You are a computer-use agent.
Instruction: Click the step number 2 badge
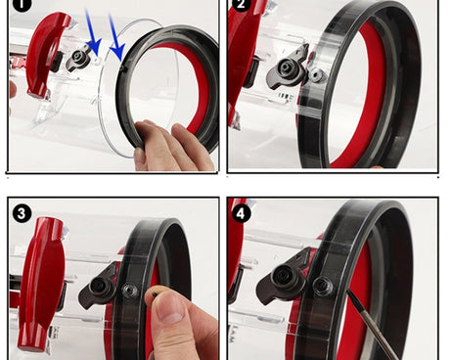(241, 5)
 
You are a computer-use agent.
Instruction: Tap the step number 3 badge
(22, 214)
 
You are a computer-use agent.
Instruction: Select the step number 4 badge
(241, 214)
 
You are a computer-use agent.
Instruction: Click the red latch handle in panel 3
(40, 284)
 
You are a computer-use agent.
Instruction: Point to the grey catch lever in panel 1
(77, 60)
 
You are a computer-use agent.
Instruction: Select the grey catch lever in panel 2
(286, 67)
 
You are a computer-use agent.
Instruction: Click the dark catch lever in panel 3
(98, 287)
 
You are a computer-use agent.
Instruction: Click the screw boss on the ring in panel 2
(316, 75)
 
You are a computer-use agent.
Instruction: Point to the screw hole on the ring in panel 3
(129, 291)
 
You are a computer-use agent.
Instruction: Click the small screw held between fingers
(155, 293)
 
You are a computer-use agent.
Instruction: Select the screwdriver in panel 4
(370, 323)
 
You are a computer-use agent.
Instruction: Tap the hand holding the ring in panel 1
(174, 145)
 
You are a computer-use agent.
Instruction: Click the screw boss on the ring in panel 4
(323, 287)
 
